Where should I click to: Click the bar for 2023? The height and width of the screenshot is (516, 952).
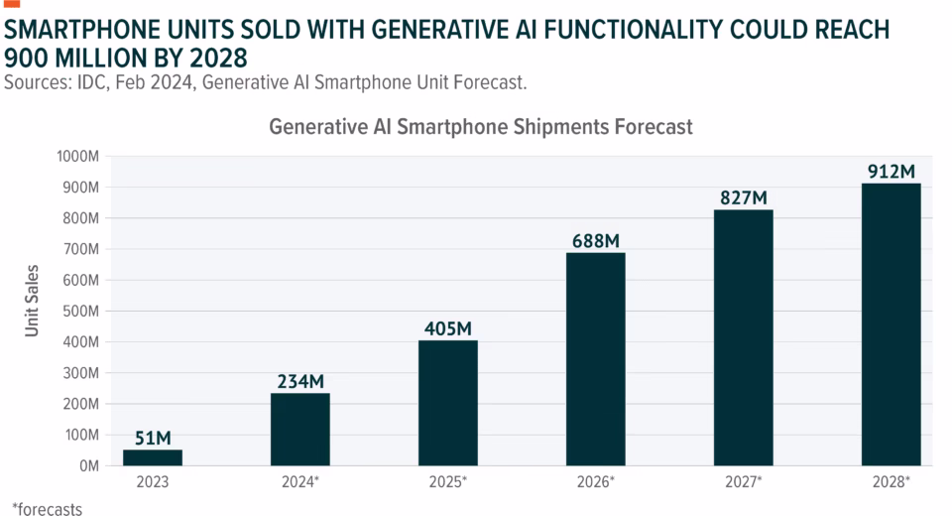(153, 457)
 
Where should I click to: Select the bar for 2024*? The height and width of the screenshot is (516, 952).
(300, 429)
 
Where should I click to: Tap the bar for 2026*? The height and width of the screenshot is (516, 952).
(596, 358)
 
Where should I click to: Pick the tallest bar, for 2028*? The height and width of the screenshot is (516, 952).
(891, 323)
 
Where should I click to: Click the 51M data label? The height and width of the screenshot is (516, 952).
(153, 438)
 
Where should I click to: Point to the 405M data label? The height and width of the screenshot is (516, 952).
(448, 327)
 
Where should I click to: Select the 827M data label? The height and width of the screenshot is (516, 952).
(744, 196)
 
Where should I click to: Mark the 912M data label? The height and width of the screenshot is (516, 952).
(891, 171)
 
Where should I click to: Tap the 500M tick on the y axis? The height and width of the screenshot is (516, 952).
(80, 311)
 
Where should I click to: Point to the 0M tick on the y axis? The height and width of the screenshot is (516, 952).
(87, 465)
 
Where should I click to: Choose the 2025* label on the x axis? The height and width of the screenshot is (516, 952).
(448, 481)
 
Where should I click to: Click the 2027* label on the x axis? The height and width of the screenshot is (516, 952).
(744, 481)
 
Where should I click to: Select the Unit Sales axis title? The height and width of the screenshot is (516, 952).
(33, 300)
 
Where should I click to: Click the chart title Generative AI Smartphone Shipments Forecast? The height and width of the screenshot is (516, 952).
(480, 127)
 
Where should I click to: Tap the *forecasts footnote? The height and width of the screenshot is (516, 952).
(47, 508)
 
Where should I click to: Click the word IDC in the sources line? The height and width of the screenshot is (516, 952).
(91, 82)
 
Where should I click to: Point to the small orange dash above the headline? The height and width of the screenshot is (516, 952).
(12, 4)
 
